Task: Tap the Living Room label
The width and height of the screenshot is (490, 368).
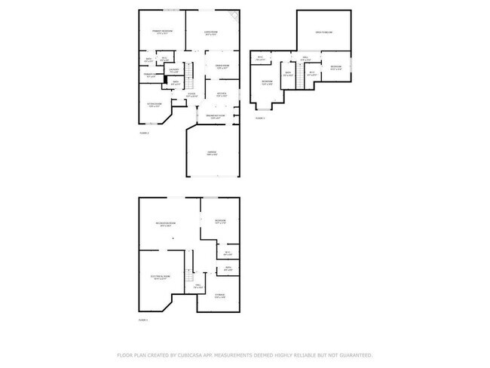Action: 212,32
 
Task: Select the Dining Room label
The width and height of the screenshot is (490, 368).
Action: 222,66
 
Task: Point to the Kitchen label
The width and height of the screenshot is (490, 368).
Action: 222,94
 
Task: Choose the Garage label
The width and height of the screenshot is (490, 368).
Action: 213,152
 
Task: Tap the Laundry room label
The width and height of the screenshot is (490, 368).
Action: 173,70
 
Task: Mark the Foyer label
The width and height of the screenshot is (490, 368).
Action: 191,94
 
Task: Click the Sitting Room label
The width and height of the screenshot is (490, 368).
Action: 154,104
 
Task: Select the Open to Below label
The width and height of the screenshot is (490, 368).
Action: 324,32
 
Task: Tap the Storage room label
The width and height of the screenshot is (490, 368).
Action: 219,295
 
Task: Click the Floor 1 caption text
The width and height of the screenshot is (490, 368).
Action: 143,320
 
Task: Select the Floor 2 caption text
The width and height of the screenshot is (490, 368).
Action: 144,133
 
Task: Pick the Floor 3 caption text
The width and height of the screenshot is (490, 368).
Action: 259,118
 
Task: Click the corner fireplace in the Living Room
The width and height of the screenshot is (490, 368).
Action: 234,14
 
